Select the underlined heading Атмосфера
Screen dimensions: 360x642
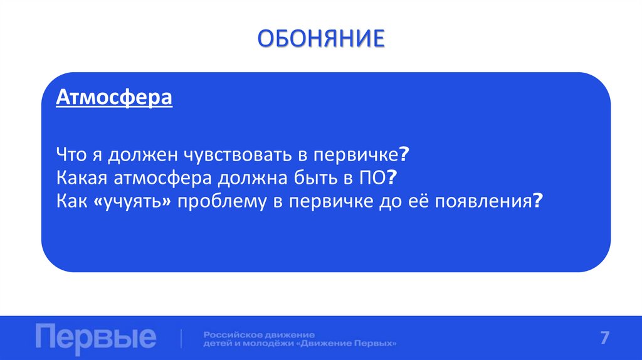point(114,99)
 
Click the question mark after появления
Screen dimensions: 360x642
point(537,201)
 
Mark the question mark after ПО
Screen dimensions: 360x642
point(392,178)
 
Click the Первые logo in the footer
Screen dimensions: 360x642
point(96,338)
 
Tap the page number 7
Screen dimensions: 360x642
point(604,337)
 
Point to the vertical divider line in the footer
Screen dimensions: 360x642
point(182,338)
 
